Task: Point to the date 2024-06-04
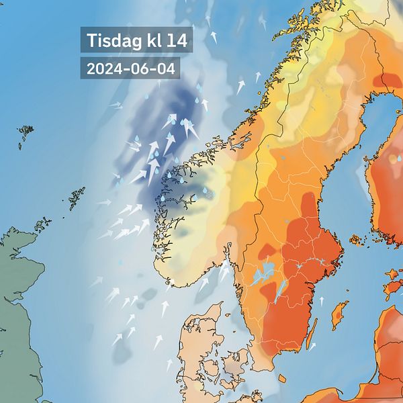(126, 69)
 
